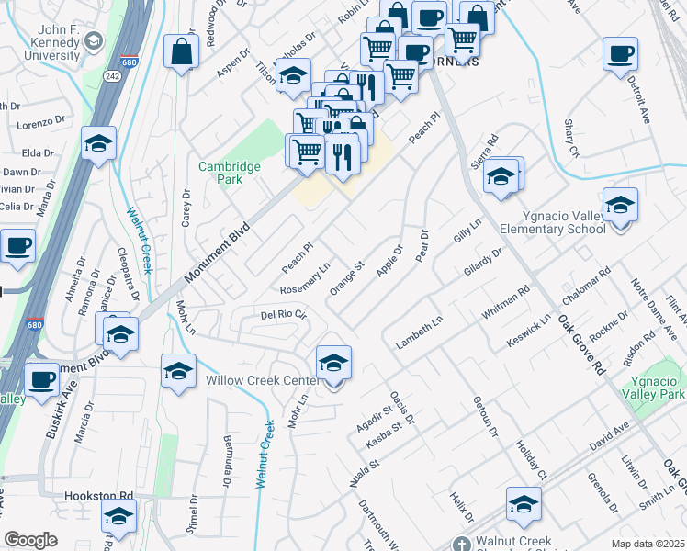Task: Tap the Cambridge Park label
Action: (x=230, y=173)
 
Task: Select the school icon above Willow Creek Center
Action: (x=333, y=363)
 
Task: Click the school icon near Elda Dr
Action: (x=98, y=144)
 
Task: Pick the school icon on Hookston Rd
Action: (x=118, y=519)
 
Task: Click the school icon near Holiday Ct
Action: (x=524, y=504)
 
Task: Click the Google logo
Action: (x=30, y=539)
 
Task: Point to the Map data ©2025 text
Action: (x=648, y=542)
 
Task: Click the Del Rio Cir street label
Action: (x=282, y=314)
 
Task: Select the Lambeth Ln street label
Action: (x=419, y=333)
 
